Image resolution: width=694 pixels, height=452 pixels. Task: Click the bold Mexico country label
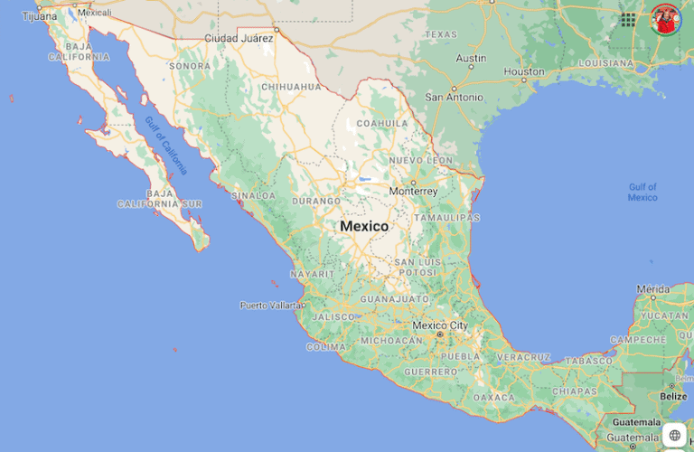364,226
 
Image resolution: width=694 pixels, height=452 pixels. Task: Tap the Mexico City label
440,325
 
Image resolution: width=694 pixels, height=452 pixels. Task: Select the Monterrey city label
413,192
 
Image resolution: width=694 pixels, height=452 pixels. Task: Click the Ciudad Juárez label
239,39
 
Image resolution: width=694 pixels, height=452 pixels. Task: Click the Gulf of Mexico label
642,192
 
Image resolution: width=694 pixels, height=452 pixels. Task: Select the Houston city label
524,71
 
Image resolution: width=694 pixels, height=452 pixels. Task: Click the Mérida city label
652,290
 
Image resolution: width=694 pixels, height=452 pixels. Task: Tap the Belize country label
673,396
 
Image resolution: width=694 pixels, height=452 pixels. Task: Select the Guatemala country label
636,422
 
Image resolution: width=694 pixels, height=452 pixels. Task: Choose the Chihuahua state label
290,87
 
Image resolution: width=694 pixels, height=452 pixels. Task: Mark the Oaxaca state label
493,398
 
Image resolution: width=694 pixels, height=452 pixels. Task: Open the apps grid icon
627,19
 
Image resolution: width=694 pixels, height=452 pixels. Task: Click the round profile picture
666,19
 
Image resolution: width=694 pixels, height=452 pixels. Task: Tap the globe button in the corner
675,435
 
